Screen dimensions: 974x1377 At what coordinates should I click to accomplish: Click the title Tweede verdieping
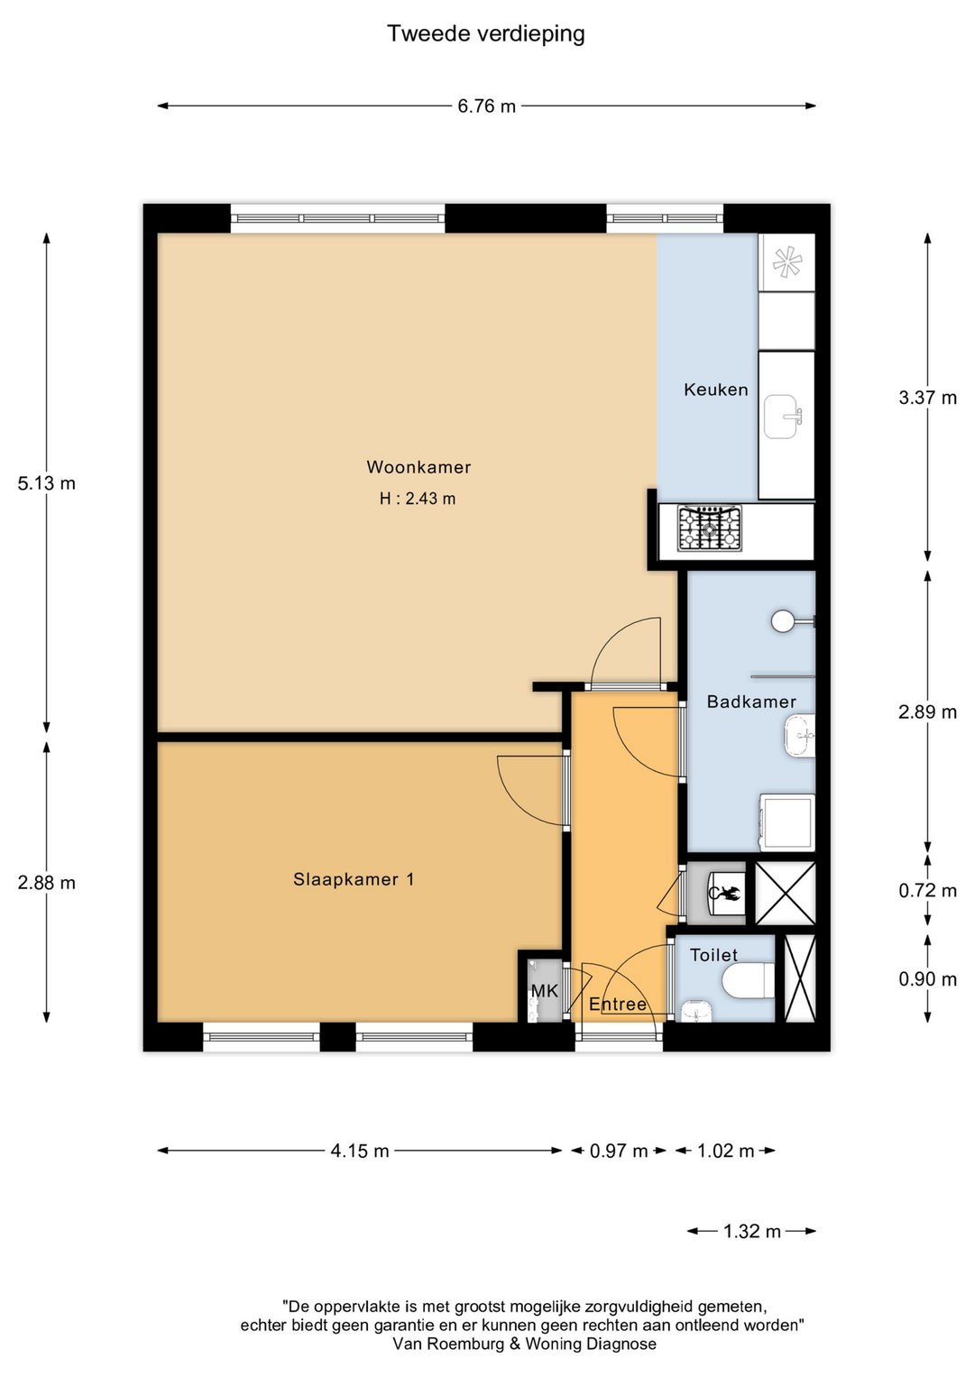486,35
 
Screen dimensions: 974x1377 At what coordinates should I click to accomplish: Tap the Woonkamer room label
418,467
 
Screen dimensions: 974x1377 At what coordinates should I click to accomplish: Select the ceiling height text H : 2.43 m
418,499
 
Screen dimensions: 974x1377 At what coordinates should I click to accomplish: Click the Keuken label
716,390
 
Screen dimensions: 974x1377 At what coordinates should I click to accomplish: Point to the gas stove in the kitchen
710,528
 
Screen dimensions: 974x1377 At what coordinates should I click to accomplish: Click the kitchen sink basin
782,417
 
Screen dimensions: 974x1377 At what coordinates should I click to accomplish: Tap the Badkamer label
751,702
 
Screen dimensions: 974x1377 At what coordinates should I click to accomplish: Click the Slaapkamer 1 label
354,880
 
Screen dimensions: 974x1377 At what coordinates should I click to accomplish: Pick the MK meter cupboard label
544,990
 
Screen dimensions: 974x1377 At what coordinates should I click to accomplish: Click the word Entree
618,1005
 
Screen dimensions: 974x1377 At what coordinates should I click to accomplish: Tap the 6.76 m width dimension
486,106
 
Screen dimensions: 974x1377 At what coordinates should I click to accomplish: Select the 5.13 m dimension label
47,483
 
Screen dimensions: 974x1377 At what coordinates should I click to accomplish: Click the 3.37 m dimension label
928,398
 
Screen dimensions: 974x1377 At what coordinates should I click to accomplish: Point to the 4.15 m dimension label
360,1151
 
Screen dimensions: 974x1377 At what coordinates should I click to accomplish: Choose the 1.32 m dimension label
751,1231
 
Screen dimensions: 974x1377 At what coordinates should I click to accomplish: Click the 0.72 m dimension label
928,891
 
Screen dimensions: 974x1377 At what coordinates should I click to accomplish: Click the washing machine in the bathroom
787,822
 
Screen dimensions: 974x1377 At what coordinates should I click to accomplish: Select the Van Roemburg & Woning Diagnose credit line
525,1344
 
